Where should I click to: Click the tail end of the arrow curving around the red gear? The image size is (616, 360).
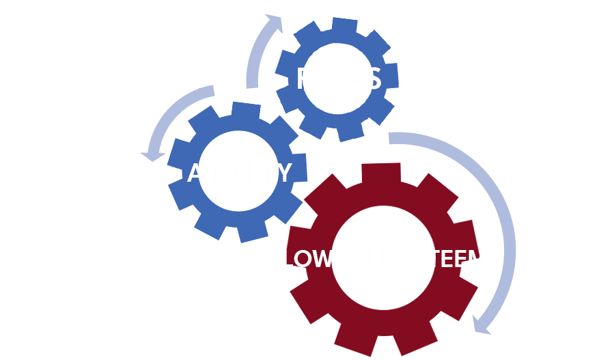pos(391,138)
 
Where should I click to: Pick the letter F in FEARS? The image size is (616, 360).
pos(303,79)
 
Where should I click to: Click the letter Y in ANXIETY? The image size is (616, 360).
pos(283,172)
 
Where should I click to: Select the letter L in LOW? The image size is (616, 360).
pos(288,260)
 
